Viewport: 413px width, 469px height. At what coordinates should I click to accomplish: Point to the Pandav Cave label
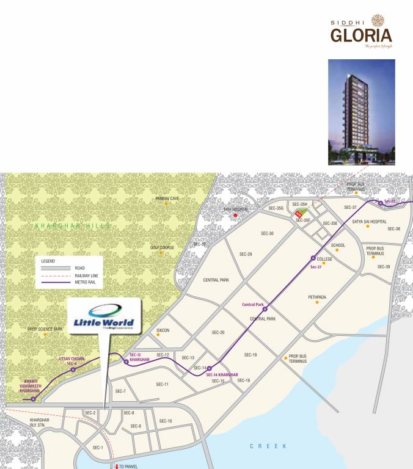click(167, 198)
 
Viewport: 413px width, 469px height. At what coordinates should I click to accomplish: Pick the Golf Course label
click(163, 247)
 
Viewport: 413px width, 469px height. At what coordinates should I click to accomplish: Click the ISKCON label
click(163, 330)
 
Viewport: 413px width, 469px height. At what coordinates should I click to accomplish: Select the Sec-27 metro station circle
click(313, 257)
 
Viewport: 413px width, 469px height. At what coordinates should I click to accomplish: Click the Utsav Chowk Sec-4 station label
click(71, 361)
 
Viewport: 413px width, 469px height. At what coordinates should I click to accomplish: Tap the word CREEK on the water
click(268, 446)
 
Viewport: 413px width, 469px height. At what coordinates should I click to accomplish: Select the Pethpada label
click(317, 297)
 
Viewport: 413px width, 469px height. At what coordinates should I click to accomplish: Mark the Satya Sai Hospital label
click(370, 221)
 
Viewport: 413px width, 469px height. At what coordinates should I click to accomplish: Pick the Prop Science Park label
click(45, 329)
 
